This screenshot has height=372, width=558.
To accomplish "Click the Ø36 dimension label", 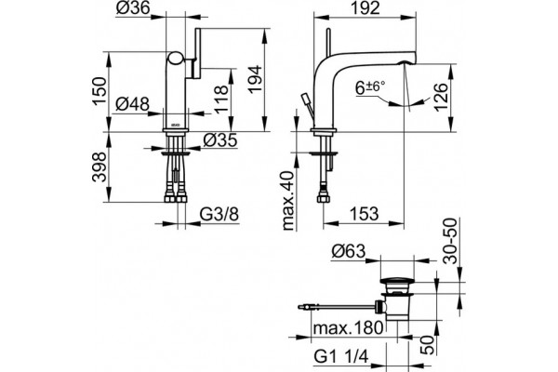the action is tap(133, 7).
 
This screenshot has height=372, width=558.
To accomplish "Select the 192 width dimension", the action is tap(365, 7).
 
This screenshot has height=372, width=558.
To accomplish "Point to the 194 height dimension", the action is tap(255, 80).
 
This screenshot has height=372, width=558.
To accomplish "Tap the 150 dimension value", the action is tap(100, 90).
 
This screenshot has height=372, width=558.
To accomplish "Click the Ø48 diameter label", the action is tap(133, 104).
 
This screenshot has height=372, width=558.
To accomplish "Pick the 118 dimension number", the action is tap(220, 99).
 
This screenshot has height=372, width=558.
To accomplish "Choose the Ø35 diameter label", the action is tap(220, 139).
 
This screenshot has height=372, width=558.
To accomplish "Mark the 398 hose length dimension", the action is tap(100, 167).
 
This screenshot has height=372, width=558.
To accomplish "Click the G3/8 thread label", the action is tap(219, 215).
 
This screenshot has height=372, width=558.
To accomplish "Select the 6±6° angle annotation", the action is tap(370, 87).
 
